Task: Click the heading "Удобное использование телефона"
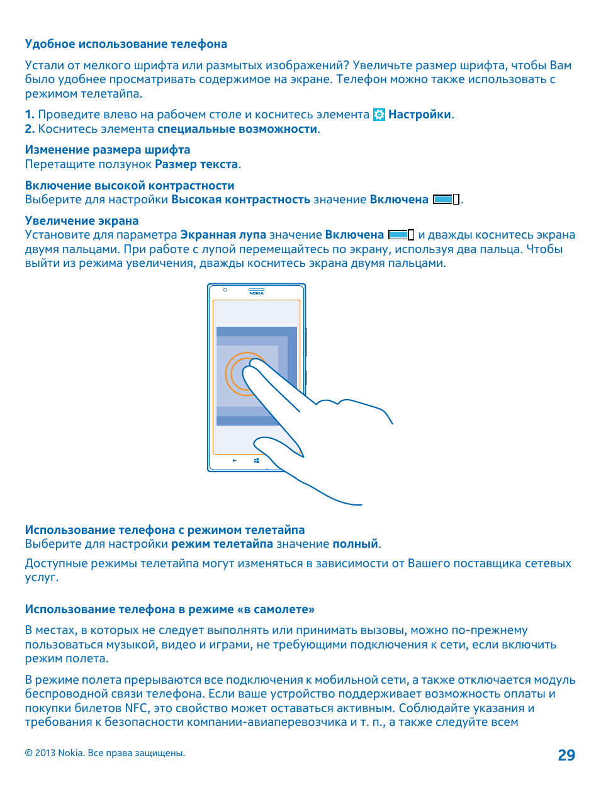pyautogui.click(x=126, y=44)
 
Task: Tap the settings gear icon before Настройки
pyautogui.click(x=379, y=115)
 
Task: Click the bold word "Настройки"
pyautogui.click(x=420, y=115)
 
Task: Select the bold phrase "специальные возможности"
pyautogui.click(x=237, y=129)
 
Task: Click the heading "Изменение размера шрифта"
pyautogui.click(x=108, y=150)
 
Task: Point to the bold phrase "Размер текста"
pyautogui.click(x=196, y=164)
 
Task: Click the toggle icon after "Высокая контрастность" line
pyautogui.click(x=446, y=200)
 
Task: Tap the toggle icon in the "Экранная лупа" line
pyautogui.click(x=402, y=235)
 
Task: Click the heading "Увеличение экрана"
pyautogui.click(x=82, y=221)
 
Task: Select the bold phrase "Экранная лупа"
pyautogui.click(x=223, y=235)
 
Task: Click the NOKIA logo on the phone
pyautogui.click(x=256, y=293)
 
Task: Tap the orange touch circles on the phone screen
pyautogui.click(x=242, y=374)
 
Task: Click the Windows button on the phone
pyautogui.click(x=257, y=461)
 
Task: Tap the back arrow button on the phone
pyautogui.click(x=235, y=461)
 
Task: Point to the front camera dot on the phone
pyautogui.click(x=225, y=290)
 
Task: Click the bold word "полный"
pyautogui.click(x=355, y=544)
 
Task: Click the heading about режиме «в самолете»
pyautogui.click(x=170, y=609)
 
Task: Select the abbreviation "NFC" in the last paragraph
pyautogui.click(x=136, y=708)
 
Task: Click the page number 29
pyautogui.click(x=566, y=755)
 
